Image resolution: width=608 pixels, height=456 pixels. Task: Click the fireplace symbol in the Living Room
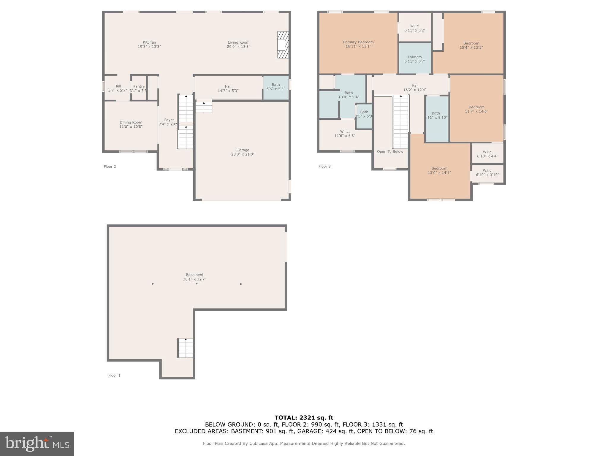tap(283, 45)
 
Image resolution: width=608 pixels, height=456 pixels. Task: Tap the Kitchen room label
tap(149, 42)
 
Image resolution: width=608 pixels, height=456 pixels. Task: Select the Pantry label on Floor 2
tap(139, 86)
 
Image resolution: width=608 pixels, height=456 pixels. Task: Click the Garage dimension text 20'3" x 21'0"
tap(243, 154)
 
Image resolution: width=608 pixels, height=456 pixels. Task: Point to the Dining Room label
tap(131, 122)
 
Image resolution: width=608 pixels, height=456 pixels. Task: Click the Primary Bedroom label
tap(358, 42)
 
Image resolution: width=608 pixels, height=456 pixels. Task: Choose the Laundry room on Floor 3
tap(415, 59)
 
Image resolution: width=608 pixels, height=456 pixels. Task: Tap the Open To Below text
tap(390, 152)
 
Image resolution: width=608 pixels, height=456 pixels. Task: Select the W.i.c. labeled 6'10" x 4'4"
tap(487, 154)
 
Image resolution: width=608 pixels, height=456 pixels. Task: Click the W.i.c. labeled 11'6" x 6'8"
tap(345, 134)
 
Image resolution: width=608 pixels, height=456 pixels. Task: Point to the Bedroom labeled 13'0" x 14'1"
tap(439, 170)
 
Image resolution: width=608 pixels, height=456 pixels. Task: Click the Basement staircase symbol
tap(185, 348)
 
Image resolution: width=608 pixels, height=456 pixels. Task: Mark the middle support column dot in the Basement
tap(197, 284)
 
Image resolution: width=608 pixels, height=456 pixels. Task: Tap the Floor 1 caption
tap(114, 376)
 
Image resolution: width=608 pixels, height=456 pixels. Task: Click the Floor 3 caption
tap(324, 167)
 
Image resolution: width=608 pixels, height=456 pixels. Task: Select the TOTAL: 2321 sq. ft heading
tap(304, 418)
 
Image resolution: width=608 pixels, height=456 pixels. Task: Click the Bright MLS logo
tap(37, 444)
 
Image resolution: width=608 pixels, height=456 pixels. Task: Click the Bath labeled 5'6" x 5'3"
tap(275, 87)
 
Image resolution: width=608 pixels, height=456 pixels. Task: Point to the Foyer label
tap(169, 120)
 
